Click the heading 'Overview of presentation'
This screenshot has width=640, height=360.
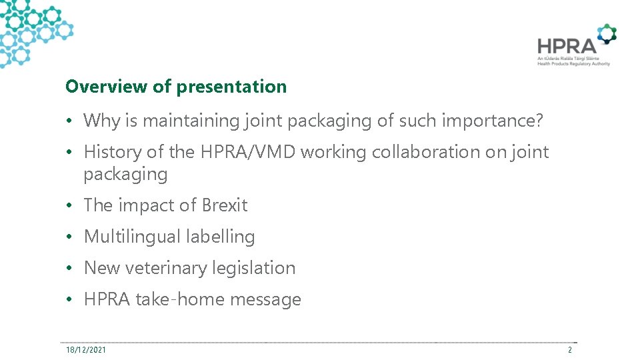pos(176,87)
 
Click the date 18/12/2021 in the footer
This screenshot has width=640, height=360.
pos(85,349)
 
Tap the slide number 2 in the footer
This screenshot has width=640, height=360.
pos(570,349)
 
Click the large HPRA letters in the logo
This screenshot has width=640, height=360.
pos(567,45)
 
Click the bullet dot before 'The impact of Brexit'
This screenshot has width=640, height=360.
pos(70,206)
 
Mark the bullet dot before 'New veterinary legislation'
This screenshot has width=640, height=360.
pos(70,269)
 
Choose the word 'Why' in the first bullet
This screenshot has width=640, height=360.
pos(99,121)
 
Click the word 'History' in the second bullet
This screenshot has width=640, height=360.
pos(113,152)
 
